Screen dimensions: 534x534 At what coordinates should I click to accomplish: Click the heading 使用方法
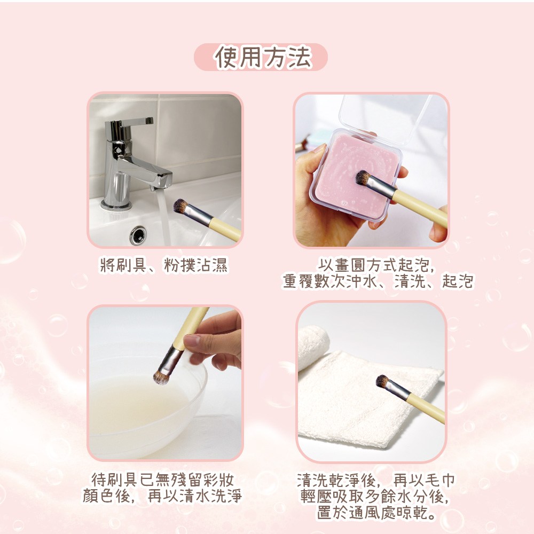[x=263, y=57]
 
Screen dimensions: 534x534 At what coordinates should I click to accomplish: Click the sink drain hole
[x=138, y=235]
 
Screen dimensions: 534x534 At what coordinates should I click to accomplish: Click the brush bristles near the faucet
[x=180, y=206]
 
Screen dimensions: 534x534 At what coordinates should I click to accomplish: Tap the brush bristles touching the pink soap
[x=363, y=178]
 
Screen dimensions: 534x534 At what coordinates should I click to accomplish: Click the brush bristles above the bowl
[x=161, y=378]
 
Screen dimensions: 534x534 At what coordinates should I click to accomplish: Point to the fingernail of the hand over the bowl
[x=192, y=340]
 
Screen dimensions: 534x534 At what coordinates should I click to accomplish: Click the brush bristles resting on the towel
[x=383, y=381]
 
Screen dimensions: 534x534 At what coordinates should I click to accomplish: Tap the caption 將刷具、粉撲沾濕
[x=164, y=265]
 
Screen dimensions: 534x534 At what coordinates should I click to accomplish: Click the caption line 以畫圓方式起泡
[x=376, y=265]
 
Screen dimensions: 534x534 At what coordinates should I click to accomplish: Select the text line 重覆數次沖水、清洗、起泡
[x=378, y=281]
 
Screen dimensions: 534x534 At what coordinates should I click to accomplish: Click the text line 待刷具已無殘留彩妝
[x=162, y=480]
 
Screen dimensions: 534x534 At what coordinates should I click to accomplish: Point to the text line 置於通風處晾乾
[x=376, y=513]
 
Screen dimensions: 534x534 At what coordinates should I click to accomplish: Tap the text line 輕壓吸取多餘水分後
[x=375, y=496]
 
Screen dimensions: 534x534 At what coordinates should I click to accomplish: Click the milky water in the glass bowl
[x=138, y=405]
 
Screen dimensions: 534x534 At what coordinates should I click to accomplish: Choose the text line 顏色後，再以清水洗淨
[x=162, y=496]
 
